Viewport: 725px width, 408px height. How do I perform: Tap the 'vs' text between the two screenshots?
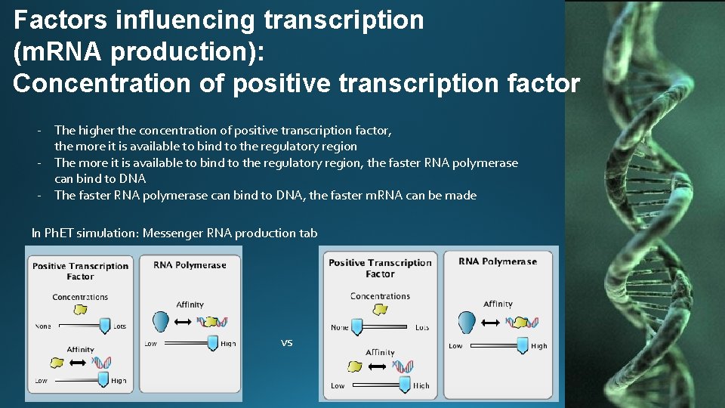pos(286,343)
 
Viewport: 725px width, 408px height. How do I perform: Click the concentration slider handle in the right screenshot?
pos(357,327)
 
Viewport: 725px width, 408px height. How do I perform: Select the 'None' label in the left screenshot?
pos(43,326)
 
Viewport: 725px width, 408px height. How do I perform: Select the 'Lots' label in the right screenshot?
pos(422,328)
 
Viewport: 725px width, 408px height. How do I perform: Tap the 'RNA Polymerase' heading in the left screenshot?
pos(190,265)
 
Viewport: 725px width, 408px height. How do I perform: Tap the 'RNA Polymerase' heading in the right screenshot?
pos(498,261)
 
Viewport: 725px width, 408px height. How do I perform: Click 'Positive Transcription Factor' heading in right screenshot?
pos(380,268)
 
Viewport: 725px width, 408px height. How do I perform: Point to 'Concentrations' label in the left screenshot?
pos(80,297)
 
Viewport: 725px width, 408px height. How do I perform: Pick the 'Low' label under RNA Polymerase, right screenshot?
pos(455,346)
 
